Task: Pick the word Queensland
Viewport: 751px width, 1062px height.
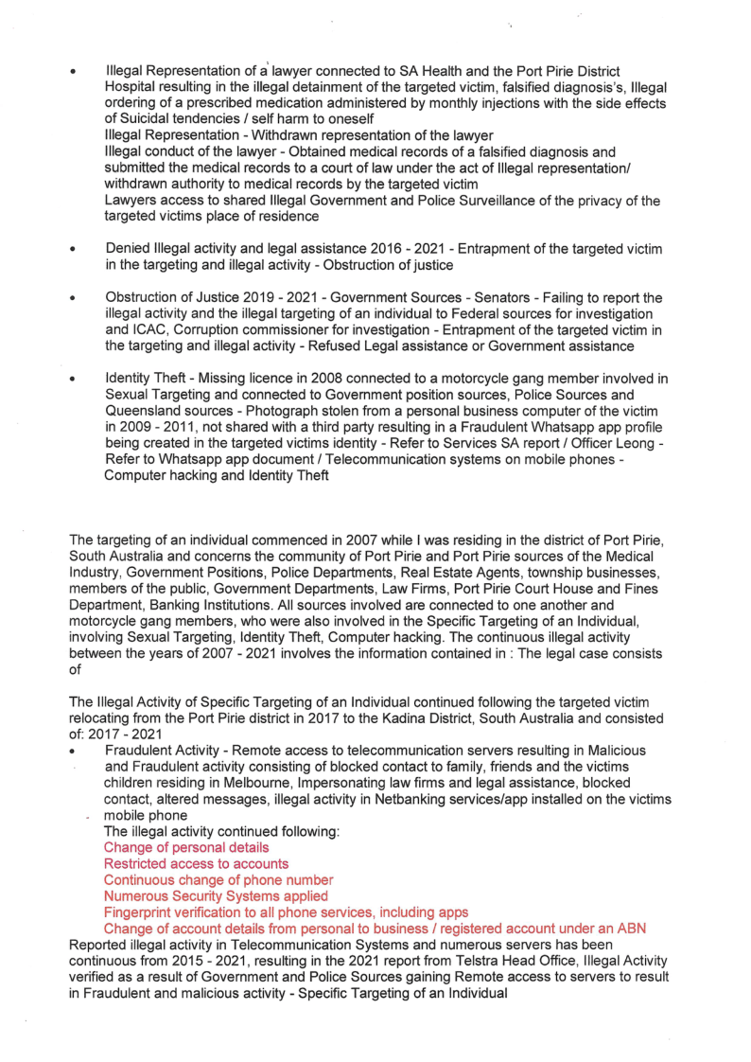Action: pos(148,409)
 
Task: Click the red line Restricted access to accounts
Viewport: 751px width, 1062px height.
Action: pos(196,864)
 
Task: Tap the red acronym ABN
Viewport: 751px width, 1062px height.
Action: pos(631,929)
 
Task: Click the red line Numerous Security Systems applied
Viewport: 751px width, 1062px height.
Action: pos(216,896)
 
